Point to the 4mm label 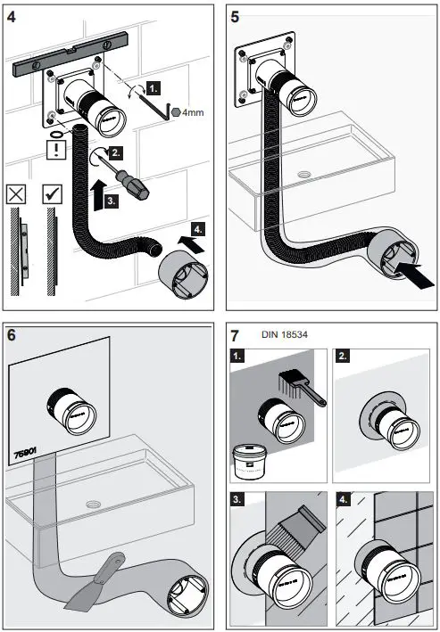tap(189, 113)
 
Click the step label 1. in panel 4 tap(154, 89)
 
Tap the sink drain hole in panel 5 tap(306, 175)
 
